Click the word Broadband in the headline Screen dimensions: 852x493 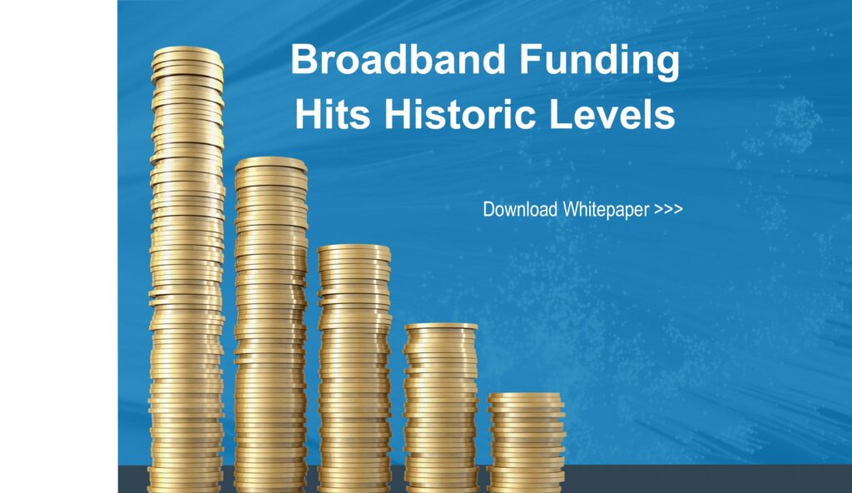point(399,59)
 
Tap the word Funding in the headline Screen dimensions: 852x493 point(599,61)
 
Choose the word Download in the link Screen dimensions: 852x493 point(521,210)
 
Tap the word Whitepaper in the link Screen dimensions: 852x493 point(606,211)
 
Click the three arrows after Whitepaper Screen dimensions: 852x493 point(668,210)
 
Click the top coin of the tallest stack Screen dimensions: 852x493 point(187,53)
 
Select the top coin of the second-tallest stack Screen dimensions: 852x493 point(270,164)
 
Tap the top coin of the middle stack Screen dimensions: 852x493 point(354,251)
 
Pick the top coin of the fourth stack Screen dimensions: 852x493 point(441,328)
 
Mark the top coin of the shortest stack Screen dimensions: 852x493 point(525,398)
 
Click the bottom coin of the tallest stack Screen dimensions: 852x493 point(186,488)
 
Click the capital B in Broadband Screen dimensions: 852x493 point(304,59)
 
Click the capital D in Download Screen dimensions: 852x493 point(488,209)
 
